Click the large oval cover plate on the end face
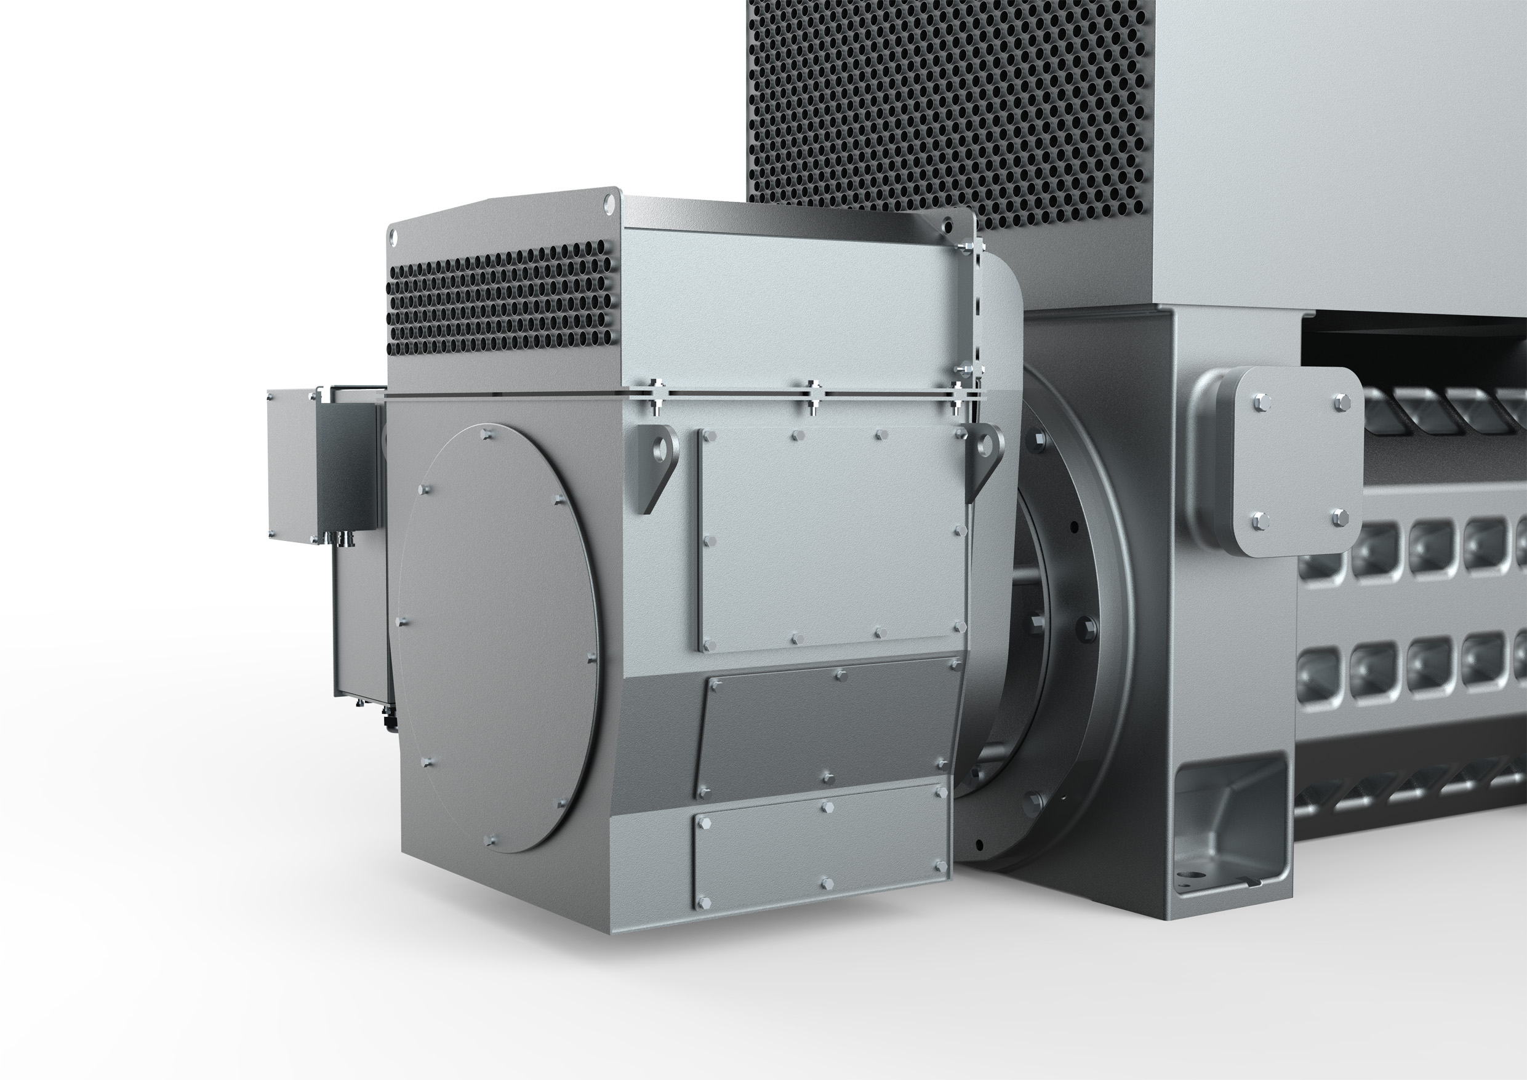pyautogui.click(x=497, y=638)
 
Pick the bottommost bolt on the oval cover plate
pyautogui.click(x=490, y=841)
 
